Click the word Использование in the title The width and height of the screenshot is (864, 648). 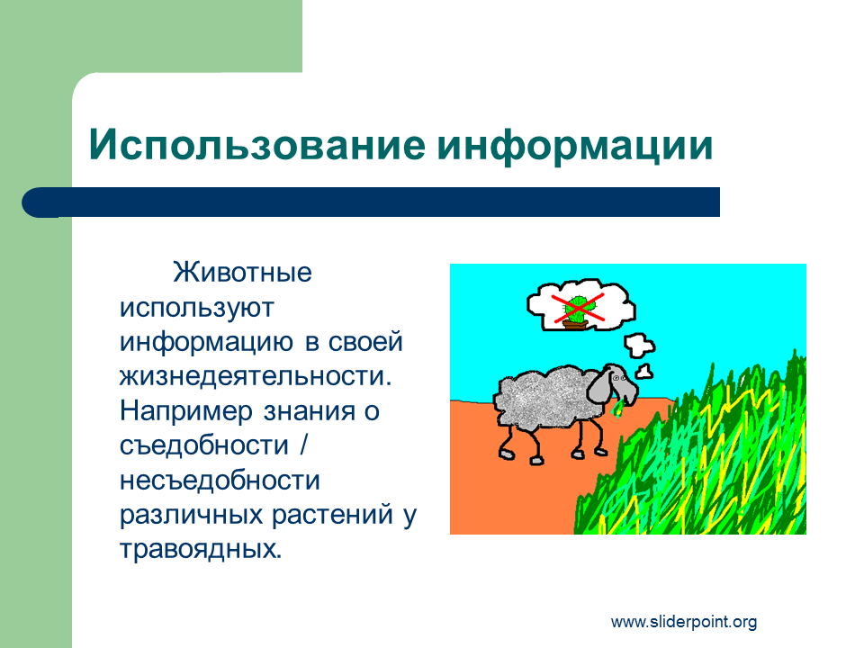click(x=256, y=144)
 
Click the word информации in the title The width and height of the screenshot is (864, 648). click(x=575, y=146)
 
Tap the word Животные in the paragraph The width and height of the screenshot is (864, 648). click(x=242, y=273)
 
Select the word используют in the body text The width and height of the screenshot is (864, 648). click(x=197, y=308)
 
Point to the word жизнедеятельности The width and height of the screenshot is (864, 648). click(x=256, y=376)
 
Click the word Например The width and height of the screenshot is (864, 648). click(x=186, y=411)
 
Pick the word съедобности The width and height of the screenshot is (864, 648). click(x=204, y=445)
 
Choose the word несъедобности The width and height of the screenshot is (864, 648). click(x=220, y=481)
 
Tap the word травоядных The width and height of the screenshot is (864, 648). click(x=201, y=550)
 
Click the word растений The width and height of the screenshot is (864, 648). click(x=332, y=515)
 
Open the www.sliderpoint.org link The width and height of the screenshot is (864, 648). click(x=684, y=622)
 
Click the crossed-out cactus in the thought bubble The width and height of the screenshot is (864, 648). click(x=578, y=310)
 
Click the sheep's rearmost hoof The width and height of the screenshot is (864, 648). click(x=506, y=454)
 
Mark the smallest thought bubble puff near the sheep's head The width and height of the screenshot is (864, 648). click(x=644, y=372)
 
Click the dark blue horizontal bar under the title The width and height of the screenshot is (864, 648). click(x=371, y=202)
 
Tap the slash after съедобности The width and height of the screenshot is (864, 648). click(x=303, y=445)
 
